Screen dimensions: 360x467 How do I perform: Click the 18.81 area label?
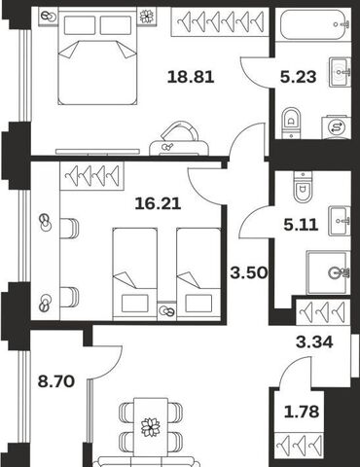tap(191, 77)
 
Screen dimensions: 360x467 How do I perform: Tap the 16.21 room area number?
tap(158, 204)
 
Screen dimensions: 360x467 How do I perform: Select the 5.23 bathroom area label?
tap(298, 77)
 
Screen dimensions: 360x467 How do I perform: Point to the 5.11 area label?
tap(301, 225)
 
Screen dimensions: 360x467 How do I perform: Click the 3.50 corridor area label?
tap(249, 272)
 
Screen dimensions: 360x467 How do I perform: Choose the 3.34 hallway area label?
tap(314, 341)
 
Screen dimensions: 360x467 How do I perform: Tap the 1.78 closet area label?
tap(302, 412)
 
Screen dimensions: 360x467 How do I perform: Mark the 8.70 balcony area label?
tap(56, 381)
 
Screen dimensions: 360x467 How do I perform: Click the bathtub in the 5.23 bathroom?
tap(313, 24)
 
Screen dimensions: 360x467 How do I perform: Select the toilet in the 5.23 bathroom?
tap(291, 124)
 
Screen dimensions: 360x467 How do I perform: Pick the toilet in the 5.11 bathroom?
tap(303, 187)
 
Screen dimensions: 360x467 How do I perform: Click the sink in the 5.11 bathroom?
tap(340, 221)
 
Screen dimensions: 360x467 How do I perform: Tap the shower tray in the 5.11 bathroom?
tap(329, 272)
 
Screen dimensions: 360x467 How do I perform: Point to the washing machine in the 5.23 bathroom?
tap(336, 127)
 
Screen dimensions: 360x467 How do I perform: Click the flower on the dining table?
tap(151, 427)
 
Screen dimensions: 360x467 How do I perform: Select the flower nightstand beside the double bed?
tap(147, 17)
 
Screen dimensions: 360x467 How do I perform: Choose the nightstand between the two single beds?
tap(167, 311)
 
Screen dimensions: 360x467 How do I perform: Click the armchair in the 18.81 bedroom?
tap(179, 138)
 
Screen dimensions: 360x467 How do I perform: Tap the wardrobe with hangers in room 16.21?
tap(92, 176)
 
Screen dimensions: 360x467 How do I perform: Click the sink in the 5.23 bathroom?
tap(340, 72)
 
